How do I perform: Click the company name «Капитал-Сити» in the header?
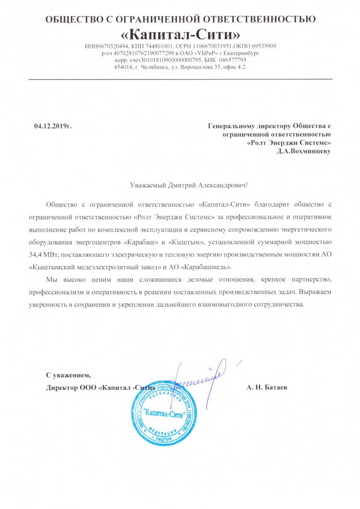pos(180,35)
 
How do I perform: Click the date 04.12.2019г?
pos(53,126)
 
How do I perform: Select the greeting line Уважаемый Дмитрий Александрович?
pos(189,185)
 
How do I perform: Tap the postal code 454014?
pos(123,67)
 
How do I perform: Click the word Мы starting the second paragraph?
pos(52,280)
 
